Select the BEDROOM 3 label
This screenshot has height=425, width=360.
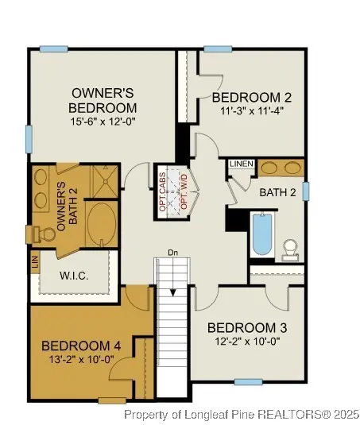pyautogui.click(x=247, y=327)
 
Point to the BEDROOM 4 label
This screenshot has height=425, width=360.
pyautogui.click(x=81, y=346)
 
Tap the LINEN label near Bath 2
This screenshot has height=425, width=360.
pyautogui.click(x=242, y=164)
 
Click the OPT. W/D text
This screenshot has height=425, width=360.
pyautogui.click(x=184, y=190)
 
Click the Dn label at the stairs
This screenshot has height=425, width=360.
pyautogui.click(x=172, y=253)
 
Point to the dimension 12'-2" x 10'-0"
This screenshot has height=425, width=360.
pyautogui.click(x=247, y=341)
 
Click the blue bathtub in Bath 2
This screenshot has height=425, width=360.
pyautogui.click(x=262, y=234)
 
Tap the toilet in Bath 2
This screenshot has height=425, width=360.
pyautogui.click(x=291, y=249)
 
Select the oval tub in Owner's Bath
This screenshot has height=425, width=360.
pyautogui.click(x=100, y=223)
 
